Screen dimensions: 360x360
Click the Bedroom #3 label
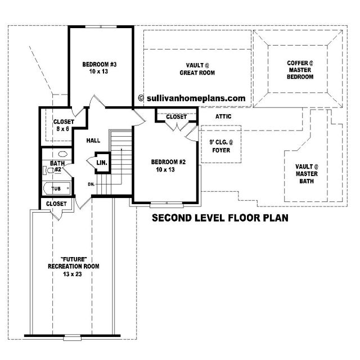(100, 67)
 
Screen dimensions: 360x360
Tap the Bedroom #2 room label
(168, 165)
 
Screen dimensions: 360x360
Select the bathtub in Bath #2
(57, 188)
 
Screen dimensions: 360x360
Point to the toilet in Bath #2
(49, 170)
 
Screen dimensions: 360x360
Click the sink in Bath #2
(62, 154)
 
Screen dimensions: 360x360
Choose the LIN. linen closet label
(102, 163)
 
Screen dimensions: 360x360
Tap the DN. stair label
(91, 184)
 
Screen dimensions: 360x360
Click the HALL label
(93, 141)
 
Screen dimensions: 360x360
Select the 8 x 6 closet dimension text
(62, 129)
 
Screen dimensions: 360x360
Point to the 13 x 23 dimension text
(73, 274)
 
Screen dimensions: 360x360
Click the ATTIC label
(223, 116)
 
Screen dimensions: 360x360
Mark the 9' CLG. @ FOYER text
(221, 146)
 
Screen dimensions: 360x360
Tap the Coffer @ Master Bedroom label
(300, 70)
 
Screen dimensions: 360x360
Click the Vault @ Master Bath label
(307, 174)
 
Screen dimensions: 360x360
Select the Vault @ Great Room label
(197, 69)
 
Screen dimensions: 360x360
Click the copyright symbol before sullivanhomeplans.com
(141, 98)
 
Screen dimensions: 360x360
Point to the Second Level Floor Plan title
(220, 218)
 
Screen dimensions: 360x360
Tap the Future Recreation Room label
(74, 263)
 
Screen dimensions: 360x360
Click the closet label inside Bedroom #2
(176, 117)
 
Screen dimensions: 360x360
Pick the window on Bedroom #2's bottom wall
(166, 204)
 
